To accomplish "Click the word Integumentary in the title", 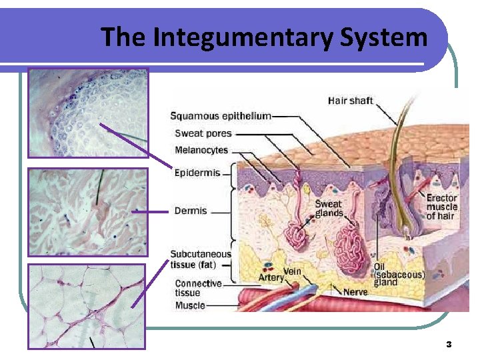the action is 242,37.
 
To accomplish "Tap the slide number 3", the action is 449,344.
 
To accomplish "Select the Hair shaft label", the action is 350,101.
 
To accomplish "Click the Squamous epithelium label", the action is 221,115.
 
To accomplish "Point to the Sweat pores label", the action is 203,133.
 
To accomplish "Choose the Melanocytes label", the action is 201,151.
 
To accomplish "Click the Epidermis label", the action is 197,173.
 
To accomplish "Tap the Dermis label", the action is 191,211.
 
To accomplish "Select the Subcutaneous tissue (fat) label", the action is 201,259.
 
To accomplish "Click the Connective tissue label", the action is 198,288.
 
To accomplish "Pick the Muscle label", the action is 190,305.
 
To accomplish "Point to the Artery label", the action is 271,277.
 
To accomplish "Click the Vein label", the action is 292,271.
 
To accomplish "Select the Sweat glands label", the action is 329,209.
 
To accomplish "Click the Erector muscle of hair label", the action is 441,207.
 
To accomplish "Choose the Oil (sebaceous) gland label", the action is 399,274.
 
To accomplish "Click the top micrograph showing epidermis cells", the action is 87,113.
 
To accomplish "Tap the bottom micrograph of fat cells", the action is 87,306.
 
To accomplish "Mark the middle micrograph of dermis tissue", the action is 87,211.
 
